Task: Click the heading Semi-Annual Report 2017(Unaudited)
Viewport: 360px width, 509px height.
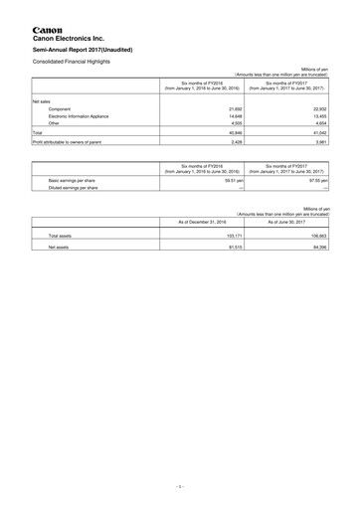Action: coord(90,48)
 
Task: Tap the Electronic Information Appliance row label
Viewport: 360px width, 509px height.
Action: coord(85,115)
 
